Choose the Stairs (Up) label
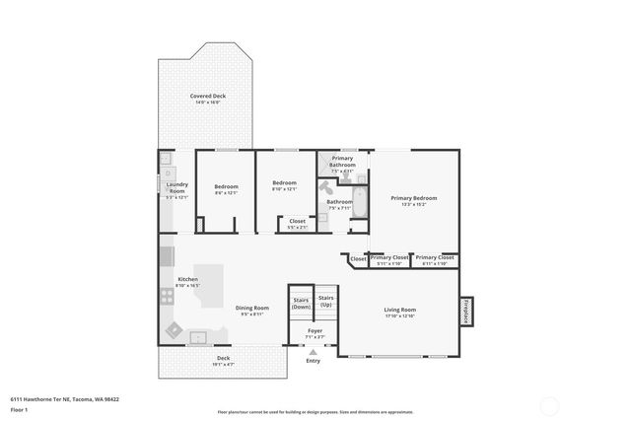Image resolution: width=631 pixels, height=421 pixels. pyautogui.click(x=325, y=300)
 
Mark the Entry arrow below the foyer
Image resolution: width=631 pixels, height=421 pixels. pyautogui.click(x=314, y=351)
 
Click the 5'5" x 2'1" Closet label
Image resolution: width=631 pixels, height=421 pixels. pyautogui.click(x=297, y=224)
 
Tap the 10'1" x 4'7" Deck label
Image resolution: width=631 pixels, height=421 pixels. pyautogui.click(x=223, y=361)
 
